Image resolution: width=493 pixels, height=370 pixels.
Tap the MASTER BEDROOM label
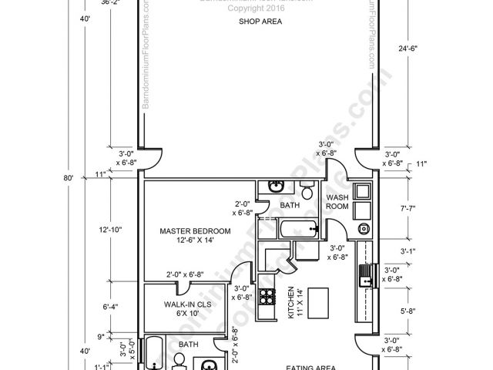click(195, 230)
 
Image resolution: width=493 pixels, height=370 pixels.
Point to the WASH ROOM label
click(338, 203)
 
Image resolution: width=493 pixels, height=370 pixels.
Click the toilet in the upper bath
click(307, 190)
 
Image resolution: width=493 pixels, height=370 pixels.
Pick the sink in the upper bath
click(276, 187)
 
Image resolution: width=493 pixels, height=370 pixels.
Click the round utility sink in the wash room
click(363, 229)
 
